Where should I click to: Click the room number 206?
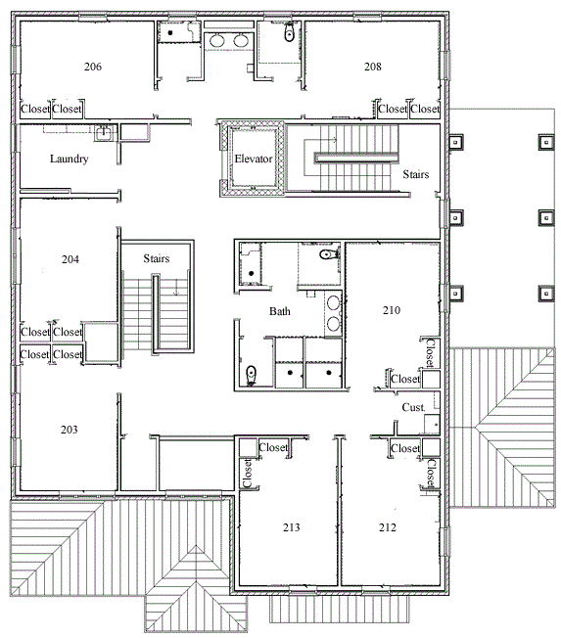coord(93,67)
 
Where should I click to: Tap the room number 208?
coord(372,67)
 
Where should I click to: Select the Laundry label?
coord(70,159)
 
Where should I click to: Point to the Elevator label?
coord(254,159)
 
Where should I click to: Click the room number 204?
coord(70,259)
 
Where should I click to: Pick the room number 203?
coord(70,430)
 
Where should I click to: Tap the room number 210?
coord(392,310)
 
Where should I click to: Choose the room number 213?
coord(291,527)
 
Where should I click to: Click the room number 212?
coord(387,527)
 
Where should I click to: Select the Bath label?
coord(280,312)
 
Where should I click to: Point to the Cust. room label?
coord(413,407)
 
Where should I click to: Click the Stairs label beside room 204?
coord(157,258)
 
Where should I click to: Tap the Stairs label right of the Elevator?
coord(416,174)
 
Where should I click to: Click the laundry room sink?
coord(104,133)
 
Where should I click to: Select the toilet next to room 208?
coord(289,32)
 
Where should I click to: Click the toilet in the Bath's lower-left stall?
coord(252,376)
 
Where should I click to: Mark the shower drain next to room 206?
coord(170,32)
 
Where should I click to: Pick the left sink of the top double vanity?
coord(216,41)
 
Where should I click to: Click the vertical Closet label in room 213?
coord(247,474)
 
